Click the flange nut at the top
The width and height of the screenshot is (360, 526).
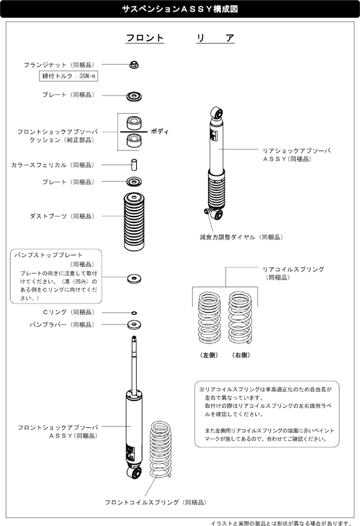pyautogui.click(x=134, y=65)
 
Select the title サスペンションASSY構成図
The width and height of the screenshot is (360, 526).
pyautogui.click(x=179, y=10)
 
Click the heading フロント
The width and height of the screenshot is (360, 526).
pyautogui.click(x=145, y=39)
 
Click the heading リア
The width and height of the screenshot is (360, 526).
pyautogui.click(x=215, y=39)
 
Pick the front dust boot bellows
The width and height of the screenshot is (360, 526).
pyautogui.click(x=134, y=222)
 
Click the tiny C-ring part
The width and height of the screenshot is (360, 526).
pyautogui.click(x=134, y=313)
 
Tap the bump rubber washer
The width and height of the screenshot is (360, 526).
pyautogui.click(x=134, y=324)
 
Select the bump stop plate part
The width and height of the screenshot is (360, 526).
pyautogui.click(x=134, y=278)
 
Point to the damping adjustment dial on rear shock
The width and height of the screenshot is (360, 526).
pyautogui.click(x=207, y=212)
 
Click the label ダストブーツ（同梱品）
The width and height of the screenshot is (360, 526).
pyautogui.click(x=62, y=216)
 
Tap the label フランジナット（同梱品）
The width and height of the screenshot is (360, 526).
pyautogui.click(x=60, y=65)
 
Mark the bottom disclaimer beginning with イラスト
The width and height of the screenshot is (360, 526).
pyautogui.click(x=283, y=522)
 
